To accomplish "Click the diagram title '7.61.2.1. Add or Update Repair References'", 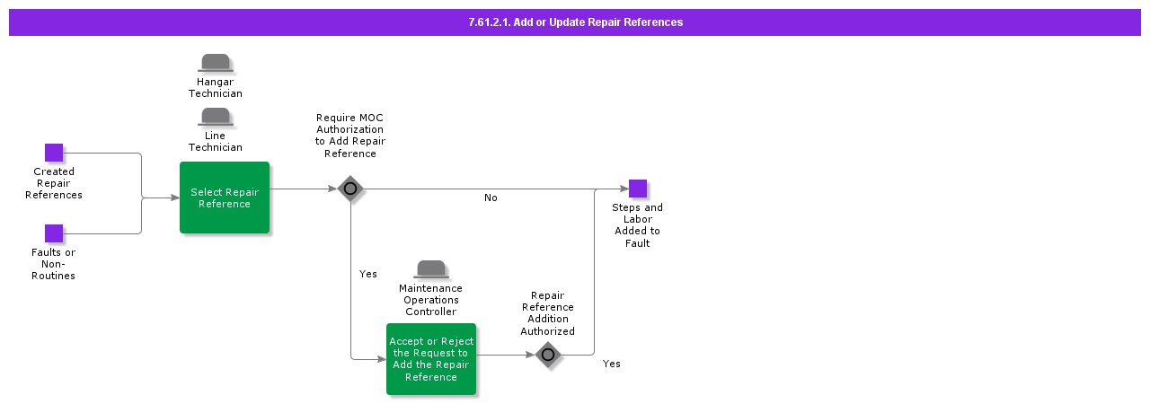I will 575,22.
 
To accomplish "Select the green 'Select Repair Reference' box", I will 225,198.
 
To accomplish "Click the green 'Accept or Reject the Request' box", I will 431,359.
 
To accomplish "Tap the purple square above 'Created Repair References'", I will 54,153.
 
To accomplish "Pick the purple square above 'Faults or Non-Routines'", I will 54,233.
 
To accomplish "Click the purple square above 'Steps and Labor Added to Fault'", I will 637,189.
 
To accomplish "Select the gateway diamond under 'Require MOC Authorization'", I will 350,189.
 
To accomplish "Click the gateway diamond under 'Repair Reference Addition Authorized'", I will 548,355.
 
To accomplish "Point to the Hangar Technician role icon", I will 216,63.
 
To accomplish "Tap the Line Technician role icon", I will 216,117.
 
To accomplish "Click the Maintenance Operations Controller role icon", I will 431,269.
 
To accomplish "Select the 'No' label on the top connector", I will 491,198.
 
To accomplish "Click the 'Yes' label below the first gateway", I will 368,274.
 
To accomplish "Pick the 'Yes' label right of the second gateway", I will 612,364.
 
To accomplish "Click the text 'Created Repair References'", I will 54,183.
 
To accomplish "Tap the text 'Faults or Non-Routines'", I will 54,264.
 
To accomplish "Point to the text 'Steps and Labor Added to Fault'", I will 637,225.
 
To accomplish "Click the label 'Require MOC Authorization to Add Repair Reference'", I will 350,136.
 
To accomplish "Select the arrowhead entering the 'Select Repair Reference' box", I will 175,198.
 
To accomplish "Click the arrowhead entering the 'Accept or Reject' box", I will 382,359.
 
